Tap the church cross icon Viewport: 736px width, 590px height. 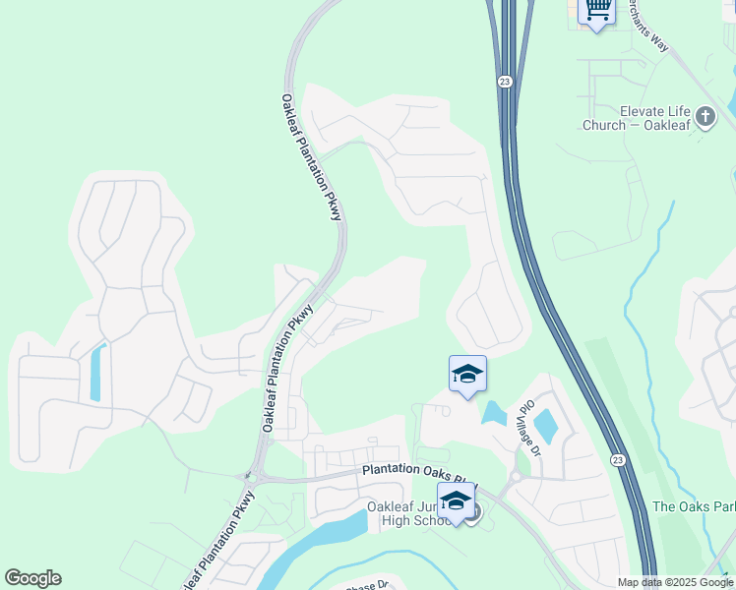(x=705, y=118)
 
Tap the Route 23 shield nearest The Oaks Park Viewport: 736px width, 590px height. (x=617, y=459)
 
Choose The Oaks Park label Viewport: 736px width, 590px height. (x=693, y=507)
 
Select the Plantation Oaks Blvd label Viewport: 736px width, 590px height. (x=419, y=469)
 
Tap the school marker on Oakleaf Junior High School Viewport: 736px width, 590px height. (x=456, y=501)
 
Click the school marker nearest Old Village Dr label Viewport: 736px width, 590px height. (x=467, y=374)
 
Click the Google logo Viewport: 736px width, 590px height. (x=32, y=578)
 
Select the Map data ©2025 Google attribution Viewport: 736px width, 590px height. (x=675, y=582)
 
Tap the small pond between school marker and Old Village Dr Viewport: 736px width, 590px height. (x=493, y=413)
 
